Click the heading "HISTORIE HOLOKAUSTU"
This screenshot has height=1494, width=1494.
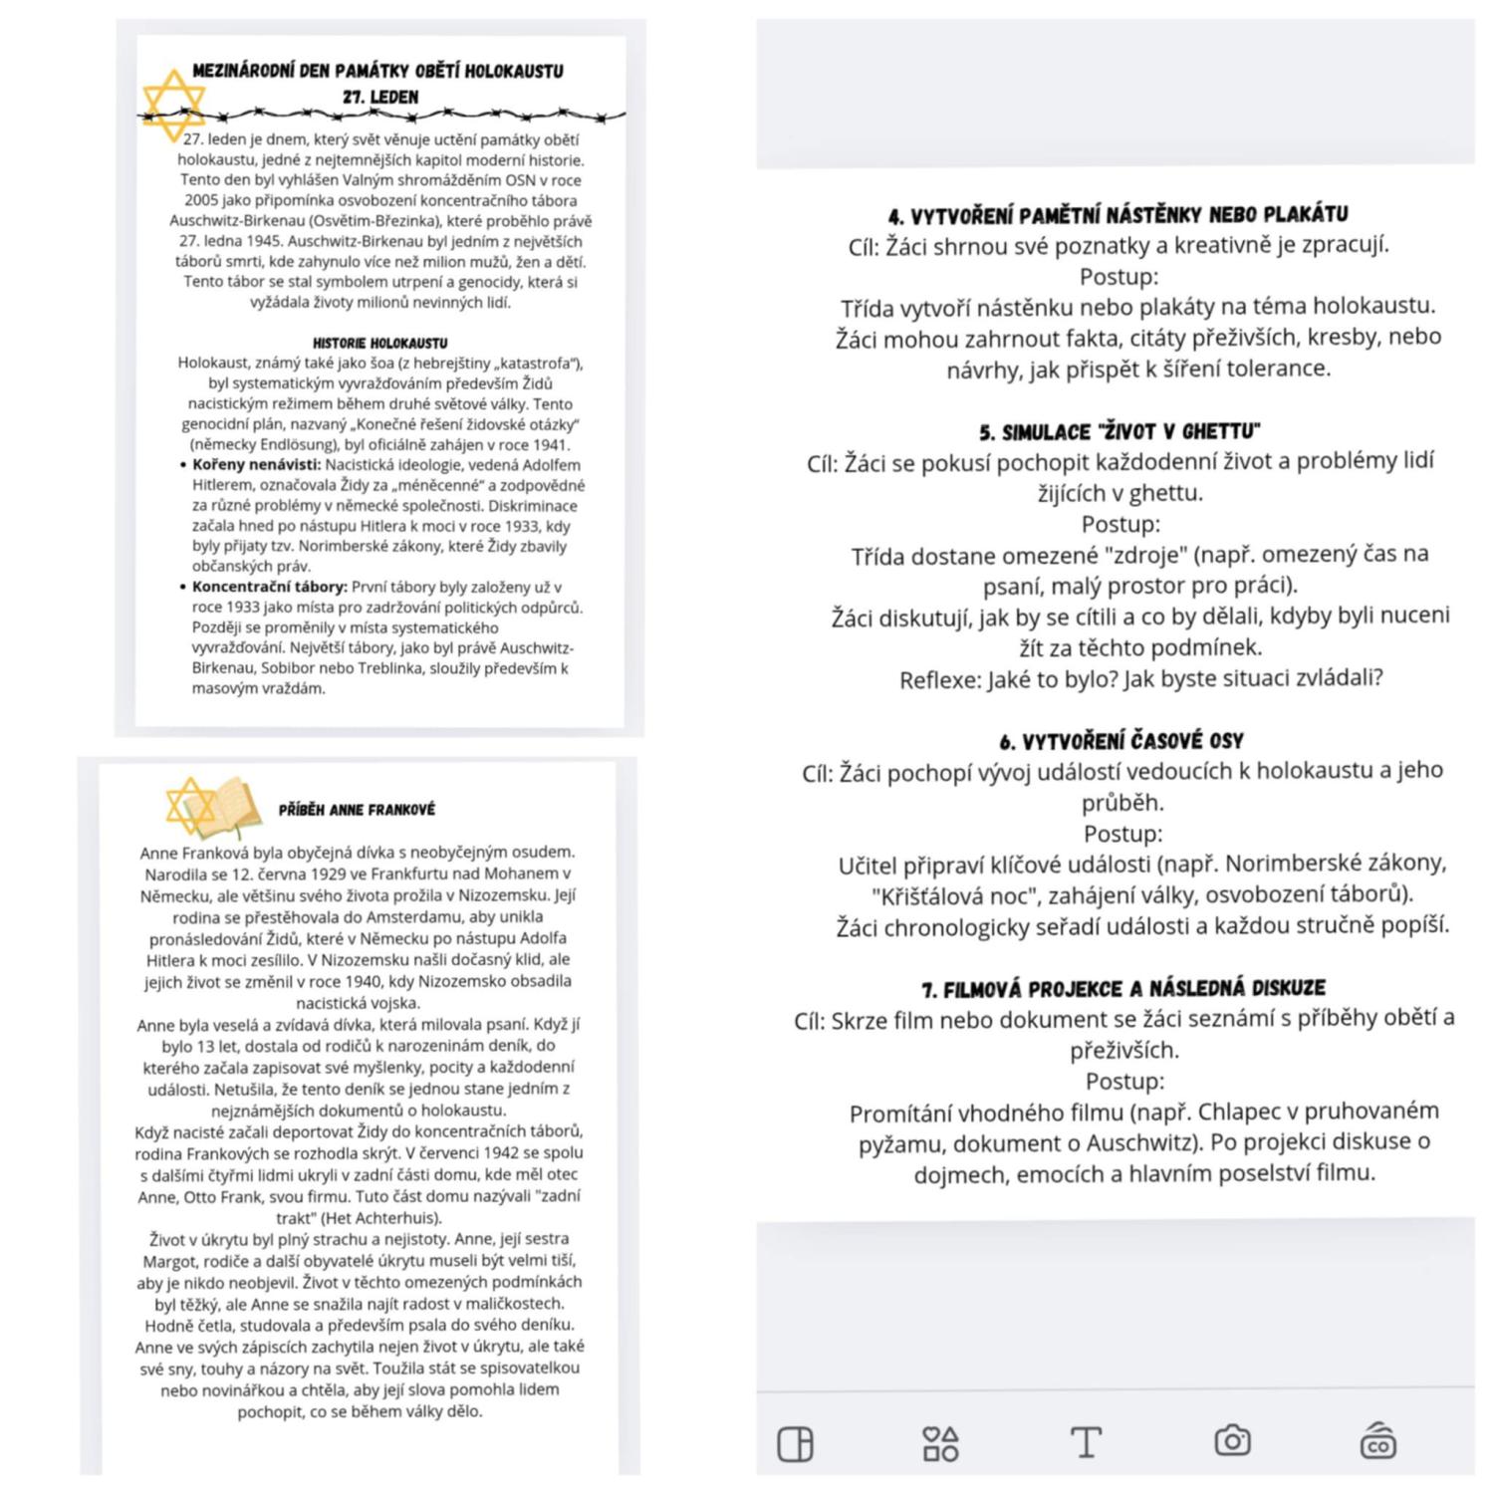click(379, 343)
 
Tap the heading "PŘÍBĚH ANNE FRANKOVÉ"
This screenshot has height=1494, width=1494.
click(357, 810)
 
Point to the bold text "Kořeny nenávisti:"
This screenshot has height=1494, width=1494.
click(256, 465)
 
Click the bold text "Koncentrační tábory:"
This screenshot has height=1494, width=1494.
click(269, 588)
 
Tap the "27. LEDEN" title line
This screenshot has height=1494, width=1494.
click(379, 98)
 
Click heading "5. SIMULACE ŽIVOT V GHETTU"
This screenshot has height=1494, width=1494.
click(1120, 432)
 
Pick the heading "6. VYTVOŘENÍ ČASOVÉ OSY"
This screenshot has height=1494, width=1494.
click(1121, 741)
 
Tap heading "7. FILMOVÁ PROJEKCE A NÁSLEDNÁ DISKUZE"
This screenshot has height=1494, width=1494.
click(1123, 989)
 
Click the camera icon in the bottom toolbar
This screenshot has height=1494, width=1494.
click(1232, 1441)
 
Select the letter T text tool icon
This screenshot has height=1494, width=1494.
click(1086, 1441)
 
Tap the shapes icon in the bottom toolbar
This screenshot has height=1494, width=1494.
click(940, 1442)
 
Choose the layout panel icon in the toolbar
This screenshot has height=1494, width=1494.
click(795, 1443)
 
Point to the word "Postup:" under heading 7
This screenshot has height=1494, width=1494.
click(1124, 1082)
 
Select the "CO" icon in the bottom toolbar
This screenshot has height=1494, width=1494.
click(1378, 1441)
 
